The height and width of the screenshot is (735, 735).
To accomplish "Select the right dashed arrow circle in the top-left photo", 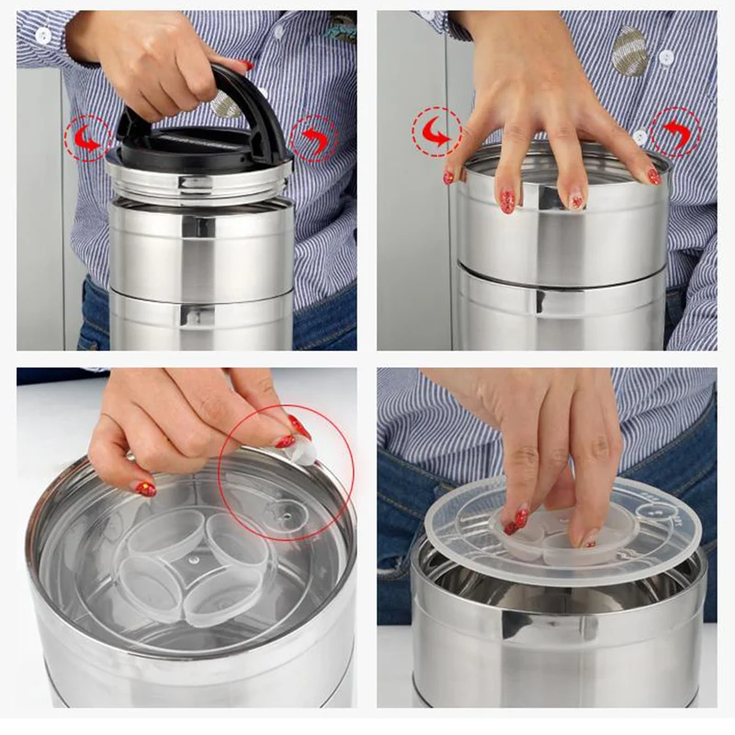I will pyautogui.click(x=314, y=139).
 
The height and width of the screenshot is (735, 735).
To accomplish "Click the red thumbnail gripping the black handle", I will pyautogui.click(x=246, y=66).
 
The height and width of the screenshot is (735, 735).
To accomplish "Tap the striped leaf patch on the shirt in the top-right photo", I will pyautogui.click(x=629, y=51).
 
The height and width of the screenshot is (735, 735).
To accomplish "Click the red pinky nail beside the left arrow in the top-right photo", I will pyautogui.click(x=448, y=175).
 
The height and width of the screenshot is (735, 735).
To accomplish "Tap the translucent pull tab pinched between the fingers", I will pyautogui.click(x=303, y=450).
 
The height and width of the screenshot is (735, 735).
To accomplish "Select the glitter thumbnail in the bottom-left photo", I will pyautogui.click(x=145, y=489).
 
